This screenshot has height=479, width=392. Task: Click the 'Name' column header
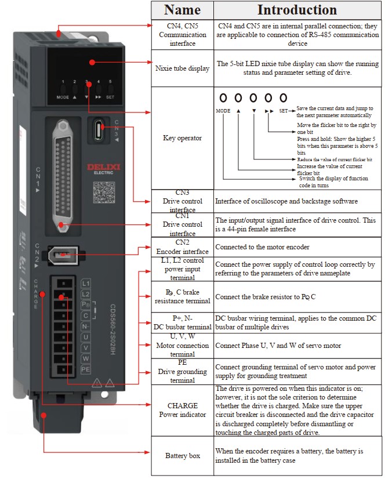pyautogui.click(x=182, y=10)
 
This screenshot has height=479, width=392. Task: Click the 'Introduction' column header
pyautogui.click(x=297, y=10)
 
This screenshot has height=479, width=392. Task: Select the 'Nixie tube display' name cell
pyautogui.click(x=182, y=68)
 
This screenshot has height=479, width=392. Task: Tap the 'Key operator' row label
pyautogui.click(x=182, y=138)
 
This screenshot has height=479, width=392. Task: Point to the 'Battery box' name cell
pyautogui.click(x=182, y=456)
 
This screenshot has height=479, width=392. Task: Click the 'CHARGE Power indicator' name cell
pyautogui.click(x=182, y=410)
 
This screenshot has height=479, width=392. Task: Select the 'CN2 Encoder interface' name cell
pyautogui.click(x=182, y=247)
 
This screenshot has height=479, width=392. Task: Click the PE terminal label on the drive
pyautogui.click(x=86, y=369)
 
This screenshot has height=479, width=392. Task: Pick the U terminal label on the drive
pyautogui.click(x=86, y=336)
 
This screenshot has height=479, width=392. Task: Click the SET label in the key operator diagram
pyautogui.click(x=283, y=110)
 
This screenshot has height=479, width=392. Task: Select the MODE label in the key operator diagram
pyautogui.click(x=223, y=110)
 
